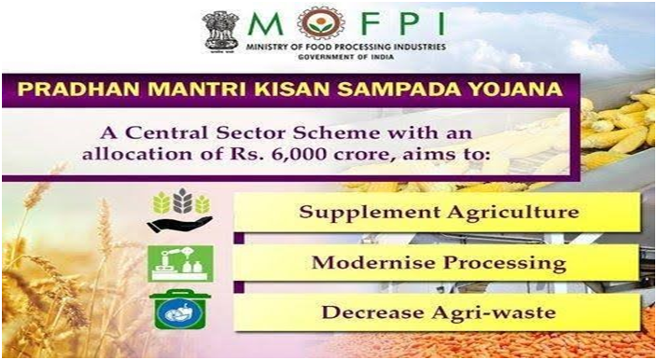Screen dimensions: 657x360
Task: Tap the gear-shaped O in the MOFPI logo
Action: [321, 23]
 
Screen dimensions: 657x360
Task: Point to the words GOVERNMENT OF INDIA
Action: [346, 57]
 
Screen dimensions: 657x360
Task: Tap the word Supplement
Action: [370, 213]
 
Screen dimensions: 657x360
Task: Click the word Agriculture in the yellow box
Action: [513, 213]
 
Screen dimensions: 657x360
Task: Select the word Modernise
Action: [373, 262]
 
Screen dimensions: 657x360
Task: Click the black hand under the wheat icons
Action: [179, 225]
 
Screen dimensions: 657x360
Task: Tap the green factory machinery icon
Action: [180, 263]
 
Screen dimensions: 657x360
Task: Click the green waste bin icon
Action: [180, 310]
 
